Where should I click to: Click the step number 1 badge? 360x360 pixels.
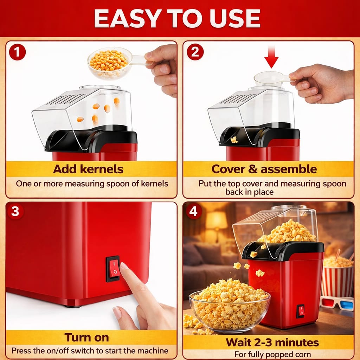coord(17,52)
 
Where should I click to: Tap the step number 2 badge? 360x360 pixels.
coord(195,52)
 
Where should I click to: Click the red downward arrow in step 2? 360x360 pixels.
coord(271,57)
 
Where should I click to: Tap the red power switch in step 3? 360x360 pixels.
coord(114,269)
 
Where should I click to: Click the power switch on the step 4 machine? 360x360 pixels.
coord(300,311)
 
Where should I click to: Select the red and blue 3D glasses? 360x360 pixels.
coord(336,303)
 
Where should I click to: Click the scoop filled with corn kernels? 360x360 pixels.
coord(109,62)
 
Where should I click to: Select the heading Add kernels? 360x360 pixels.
coord(88,169)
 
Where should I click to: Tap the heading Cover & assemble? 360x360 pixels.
coord(264,169)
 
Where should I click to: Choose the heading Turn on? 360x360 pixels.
coord(87,337)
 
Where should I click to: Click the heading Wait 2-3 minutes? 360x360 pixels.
coord(272,342)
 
